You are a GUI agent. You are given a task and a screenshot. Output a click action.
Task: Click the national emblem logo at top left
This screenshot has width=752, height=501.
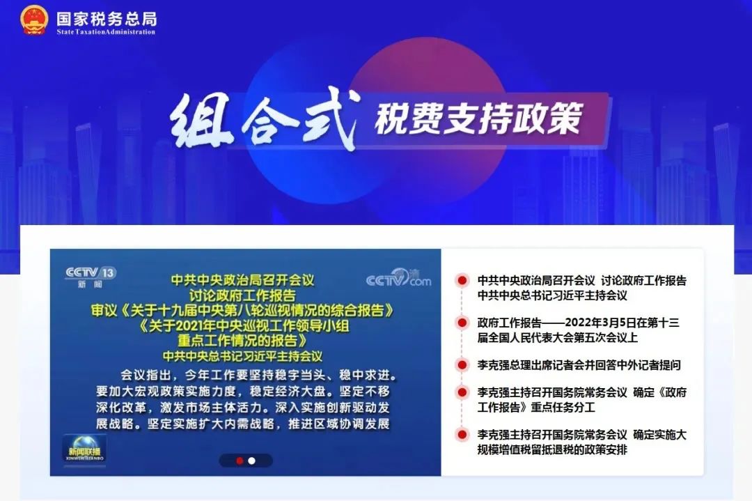click(x=34, y=20)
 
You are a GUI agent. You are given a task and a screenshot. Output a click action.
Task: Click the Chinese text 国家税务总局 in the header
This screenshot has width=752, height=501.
click(x=107, y=19)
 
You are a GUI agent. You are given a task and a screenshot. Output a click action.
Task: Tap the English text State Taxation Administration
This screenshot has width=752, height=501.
click(x=106, y=32)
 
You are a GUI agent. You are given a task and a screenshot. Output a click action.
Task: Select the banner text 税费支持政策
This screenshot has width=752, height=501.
click(x=478, y=118)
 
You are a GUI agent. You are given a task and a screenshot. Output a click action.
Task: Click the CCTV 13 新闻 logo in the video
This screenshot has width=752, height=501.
click(x=91, y=277)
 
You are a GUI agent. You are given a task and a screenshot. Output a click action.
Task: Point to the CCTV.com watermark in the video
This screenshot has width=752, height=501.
click(x=398, y=278)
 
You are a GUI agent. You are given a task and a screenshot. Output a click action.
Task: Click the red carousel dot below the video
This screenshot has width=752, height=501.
click(x=240, y=461)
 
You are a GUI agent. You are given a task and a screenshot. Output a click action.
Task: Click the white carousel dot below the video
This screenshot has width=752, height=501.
click(x=252, y=461)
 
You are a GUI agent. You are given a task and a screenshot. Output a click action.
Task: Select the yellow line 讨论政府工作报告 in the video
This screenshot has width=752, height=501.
click(x=242, y=295)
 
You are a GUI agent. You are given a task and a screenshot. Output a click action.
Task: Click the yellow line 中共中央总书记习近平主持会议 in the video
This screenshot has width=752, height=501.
click(x=242, y=356)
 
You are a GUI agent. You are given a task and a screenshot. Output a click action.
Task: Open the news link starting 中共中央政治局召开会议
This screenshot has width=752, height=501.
click(x=581, y=288)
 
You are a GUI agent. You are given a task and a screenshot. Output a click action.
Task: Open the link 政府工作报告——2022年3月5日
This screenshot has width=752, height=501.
click(x=578, y=330)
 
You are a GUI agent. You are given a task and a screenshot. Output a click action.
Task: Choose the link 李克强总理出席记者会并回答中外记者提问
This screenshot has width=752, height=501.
click(x=579, y=365)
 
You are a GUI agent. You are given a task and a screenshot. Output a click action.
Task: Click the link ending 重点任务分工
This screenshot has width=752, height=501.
click(x=581, y=400)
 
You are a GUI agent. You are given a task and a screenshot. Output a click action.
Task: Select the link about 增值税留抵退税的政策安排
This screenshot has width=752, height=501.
click(x=581, y=442)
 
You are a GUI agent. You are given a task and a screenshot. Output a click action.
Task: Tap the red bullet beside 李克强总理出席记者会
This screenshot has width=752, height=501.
click(x=462, y=365)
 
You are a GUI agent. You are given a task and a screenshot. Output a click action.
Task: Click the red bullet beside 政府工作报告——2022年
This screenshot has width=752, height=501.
click(x=462, y=323)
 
